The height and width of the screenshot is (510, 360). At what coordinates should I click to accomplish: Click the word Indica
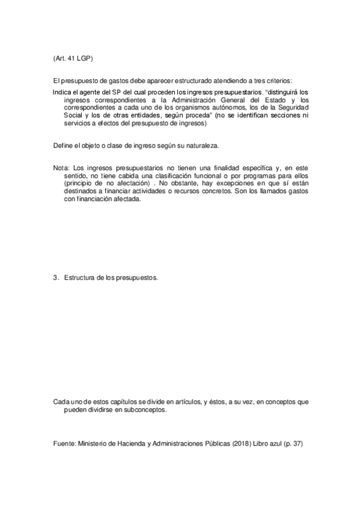(63, 92)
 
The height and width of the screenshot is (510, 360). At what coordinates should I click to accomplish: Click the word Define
(63, 146)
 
